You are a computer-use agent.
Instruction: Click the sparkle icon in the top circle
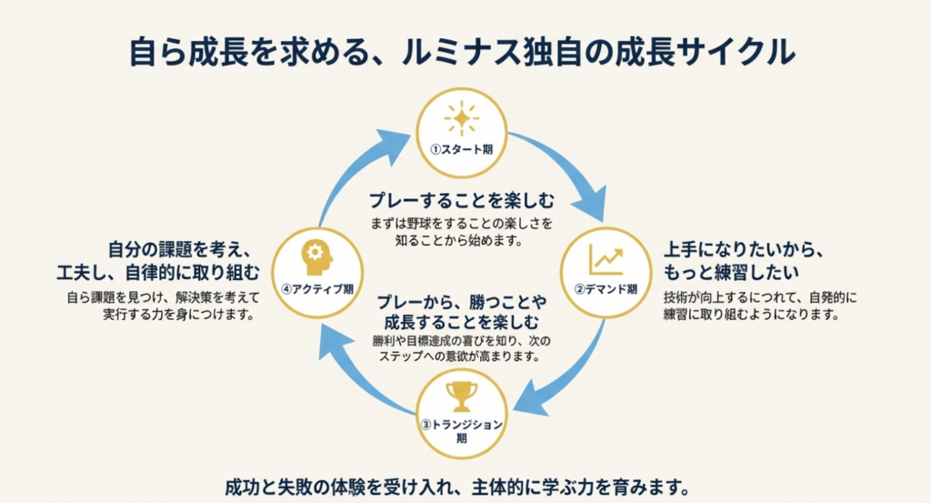click(x=462, y=120)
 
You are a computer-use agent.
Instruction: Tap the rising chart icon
click(x=606, y=258)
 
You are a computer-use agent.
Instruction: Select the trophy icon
click(x=462, y=396)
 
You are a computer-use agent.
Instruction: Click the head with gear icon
click(x=318, y=257)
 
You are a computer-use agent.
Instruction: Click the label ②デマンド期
click(x=606, y=289)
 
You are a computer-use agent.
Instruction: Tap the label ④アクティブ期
click(x=318, y=289)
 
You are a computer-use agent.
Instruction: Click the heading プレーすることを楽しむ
click(x=461, y=199)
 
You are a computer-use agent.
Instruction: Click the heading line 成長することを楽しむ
click(x=462, y=322)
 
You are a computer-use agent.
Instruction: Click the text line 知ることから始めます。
click(x=461, y=241)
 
